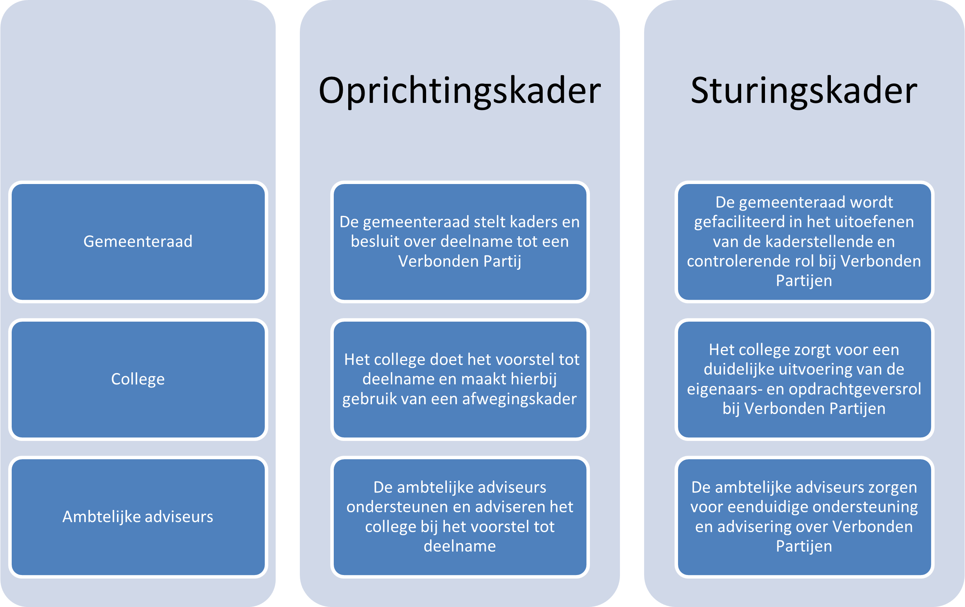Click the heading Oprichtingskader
tap(460, 92)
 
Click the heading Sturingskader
tap(804, 92)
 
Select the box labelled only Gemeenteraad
tap(138, 242)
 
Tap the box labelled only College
tap(138, 379)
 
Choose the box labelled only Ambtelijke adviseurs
tap(138, 517)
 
